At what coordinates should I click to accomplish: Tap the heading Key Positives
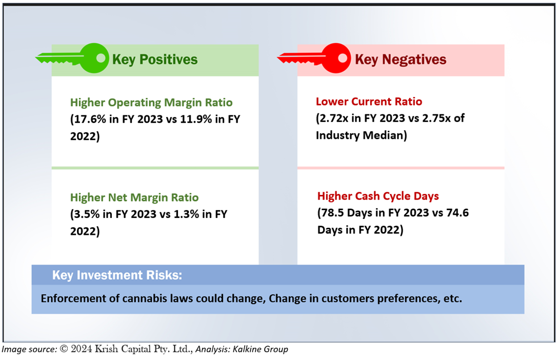[x=155, y=60]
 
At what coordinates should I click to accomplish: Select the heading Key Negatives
[x=401, y=60]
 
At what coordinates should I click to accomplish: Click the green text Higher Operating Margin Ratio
[x=151, y=103]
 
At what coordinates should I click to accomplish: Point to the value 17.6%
[x=90, y=119]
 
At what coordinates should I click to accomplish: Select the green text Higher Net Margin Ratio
[x=134, y=198]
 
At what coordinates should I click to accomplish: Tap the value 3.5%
[x=87, y=214]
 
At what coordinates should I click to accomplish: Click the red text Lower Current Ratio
[x=369, y=102]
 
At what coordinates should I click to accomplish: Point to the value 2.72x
[x=334, y=118]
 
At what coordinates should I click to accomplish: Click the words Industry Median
[x=360, y=135]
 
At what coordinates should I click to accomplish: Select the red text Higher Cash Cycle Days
[x=378, y=196]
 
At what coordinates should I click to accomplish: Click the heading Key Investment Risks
[x=117, y=275]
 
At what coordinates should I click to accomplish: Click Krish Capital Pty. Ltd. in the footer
[x=144, y=349]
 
